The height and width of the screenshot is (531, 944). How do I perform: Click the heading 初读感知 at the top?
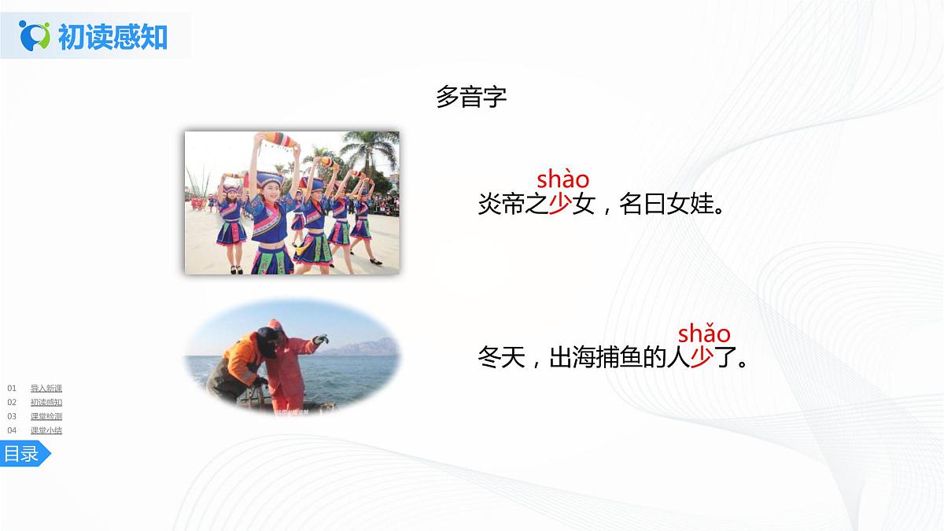(x=112, y=35)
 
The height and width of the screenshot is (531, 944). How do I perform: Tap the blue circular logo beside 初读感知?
(x=35, y=35)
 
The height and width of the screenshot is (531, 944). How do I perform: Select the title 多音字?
(x=471, y=97)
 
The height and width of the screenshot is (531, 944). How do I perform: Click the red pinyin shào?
(x=562, y=180)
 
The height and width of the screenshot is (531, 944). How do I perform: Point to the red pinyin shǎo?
(x=704, y=333)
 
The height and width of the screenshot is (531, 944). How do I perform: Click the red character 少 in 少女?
(x=559, y=205)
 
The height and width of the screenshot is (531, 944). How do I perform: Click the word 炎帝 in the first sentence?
(x=501, y=205)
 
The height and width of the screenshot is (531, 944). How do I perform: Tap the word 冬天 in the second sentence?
(x=501, y=359)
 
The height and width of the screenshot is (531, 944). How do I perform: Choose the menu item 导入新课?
(x=46, y=388)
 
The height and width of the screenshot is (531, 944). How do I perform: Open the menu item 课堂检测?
(x=46, y=416)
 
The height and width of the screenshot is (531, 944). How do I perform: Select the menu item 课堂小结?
(x=46, y=430)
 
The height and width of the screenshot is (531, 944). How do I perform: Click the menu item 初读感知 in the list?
(x=46, y=402)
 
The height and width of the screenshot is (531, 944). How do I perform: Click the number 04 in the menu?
(x=12, y=430)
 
